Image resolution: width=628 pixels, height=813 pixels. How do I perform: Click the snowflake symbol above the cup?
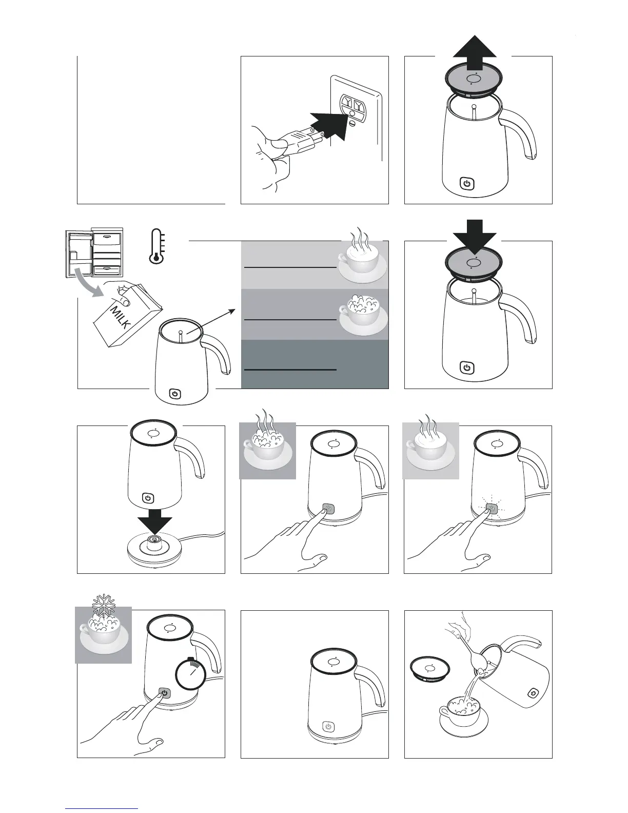click(x=103, y=606)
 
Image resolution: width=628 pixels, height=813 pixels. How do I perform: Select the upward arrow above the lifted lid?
click(x=475, y=52)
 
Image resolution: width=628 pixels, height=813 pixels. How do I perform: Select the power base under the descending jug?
click(x=155, y=551)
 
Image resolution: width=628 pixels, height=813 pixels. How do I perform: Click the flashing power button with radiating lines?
click(x=492, y=509)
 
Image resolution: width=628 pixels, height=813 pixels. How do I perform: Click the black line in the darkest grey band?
click(x=290, y=370)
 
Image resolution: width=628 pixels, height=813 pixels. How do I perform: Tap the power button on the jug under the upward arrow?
click(x=466, y=184)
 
